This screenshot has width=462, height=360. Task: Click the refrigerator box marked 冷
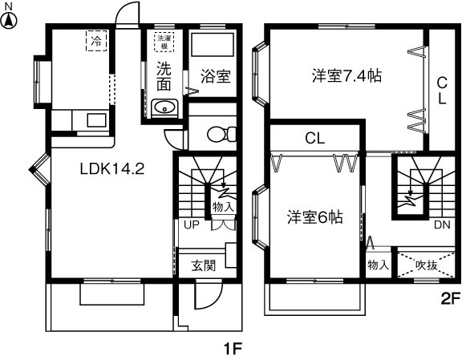pyautogui.click(x=96, y=39)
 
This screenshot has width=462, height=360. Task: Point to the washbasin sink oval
pyautogui.click(x=164, y=107)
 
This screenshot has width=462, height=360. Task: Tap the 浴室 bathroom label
pyautogui.click(x=215, y=77)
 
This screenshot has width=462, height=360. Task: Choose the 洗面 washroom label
pyautogui.click(x=163, y=76)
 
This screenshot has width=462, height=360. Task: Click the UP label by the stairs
pyautogui.click(x=192, y=225)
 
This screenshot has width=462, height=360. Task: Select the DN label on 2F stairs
pyautogui.click(x=442, y=225)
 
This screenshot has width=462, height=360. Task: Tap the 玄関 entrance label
pyautogui.click(x=204, y=265)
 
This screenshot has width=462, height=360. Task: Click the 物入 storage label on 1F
pyautogui.click(x=222, y=208)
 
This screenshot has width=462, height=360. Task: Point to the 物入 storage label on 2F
pyautogui.click(x=378, y=265)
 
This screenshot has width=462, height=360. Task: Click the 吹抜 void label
pyautogui.click(x=427, y=265)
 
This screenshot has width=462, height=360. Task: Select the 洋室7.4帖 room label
pyautogui.click(x=346, y=77)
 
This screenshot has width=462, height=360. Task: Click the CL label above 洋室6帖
pyautogui.click(x=314, y=138)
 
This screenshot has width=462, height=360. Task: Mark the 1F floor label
pyautogui.click(x=232, y=350)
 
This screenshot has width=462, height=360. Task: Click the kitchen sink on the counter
pyautogui.click(x=96, y=121)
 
